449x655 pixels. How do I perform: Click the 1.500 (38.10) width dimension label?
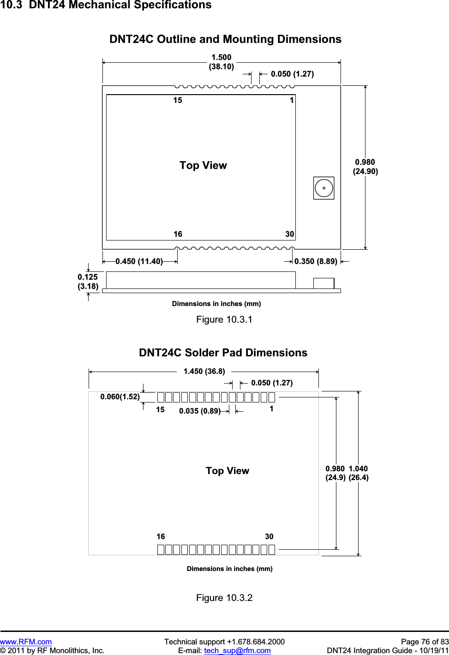222,62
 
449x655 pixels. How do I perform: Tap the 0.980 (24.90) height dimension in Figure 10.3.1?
365,167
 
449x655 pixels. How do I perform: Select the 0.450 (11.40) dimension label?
139,261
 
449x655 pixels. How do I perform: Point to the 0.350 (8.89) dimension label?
316,261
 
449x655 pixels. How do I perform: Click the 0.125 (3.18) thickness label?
88,282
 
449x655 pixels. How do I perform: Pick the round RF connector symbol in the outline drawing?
323,188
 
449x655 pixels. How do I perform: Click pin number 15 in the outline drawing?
178,101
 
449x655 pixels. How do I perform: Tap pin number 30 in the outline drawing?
289,234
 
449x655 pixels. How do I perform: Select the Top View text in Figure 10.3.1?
203,165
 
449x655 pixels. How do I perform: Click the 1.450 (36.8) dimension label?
204,371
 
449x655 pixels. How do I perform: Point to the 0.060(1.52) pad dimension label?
120,397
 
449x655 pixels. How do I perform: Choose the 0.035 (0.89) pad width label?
200,411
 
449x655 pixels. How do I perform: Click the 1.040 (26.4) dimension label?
359,473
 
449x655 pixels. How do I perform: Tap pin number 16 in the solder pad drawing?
161,536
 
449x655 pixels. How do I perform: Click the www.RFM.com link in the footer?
26,642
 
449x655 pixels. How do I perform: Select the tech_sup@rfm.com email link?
237,650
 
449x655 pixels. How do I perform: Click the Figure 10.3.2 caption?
224,598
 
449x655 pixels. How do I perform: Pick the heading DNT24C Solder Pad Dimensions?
223,353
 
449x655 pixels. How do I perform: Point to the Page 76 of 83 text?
425,642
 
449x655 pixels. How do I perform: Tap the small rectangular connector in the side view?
323,283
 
